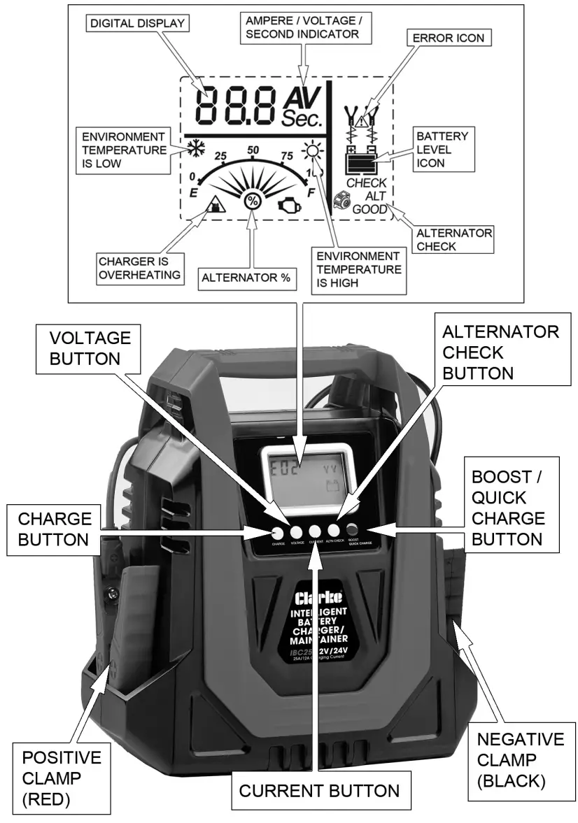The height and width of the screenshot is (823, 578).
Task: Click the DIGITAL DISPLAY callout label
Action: coord(137,23)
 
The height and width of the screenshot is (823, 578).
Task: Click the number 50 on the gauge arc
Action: coord(253,150)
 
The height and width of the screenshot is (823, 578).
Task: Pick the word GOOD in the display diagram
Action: coord(369,208)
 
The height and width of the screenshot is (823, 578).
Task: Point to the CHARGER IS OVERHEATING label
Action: coord(140,266)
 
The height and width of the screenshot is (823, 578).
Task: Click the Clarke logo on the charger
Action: coord(318,599)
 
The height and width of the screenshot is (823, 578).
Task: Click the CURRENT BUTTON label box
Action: coord(319,791)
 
